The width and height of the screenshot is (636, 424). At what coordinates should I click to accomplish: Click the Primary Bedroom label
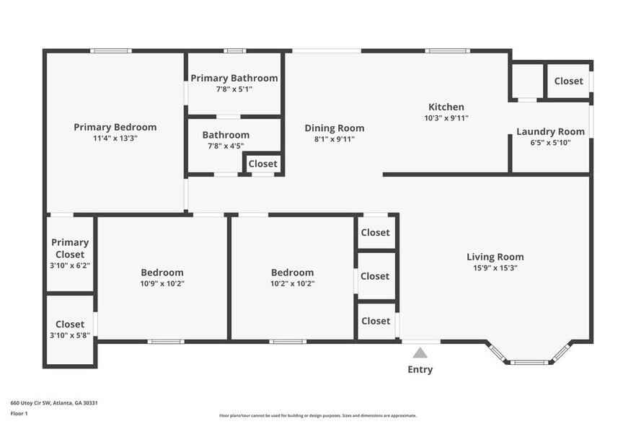coord(115,127)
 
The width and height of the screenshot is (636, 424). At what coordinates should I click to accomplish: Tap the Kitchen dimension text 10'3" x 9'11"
coord(446,118)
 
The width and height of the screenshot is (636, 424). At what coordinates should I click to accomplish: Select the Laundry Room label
coord(550,131)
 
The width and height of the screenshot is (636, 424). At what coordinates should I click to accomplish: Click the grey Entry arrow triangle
coord(420,353)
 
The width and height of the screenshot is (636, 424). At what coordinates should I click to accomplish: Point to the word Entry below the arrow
coord(420,369)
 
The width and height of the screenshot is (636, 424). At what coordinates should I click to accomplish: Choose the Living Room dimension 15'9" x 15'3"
coord(495,268)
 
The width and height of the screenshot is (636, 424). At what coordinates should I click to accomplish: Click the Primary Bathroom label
coord(234,78)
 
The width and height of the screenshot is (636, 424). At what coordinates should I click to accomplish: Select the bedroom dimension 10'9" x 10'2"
coord(162,283)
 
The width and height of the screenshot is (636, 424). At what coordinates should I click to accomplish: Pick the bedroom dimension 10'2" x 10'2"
coord(292,283)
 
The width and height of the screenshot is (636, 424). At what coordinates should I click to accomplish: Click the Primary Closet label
coord(70,248)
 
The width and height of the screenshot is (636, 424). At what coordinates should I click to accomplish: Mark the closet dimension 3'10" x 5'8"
coord(70,335)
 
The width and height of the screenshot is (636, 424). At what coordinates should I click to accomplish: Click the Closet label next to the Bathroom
coord(262,164)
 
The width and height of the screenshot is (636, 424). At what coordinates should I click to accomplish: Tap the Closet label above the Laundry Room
coord(568,81)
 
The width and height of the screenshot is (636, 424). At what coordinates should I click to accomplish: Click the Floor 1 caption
coord(19,413)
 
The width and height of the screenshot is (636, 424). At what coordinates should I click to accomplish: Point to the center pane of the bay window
coord(530,361)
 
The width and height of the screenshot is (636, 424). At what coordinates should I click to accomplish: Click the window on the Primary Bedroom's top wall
coord(111,50)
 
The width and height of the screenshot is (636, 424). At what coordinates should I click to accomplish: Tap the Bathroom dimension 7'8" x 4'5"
coord(226,146)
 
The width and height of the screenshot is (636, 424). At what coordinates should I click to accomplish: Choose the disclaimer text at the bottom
coord(317,415)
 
